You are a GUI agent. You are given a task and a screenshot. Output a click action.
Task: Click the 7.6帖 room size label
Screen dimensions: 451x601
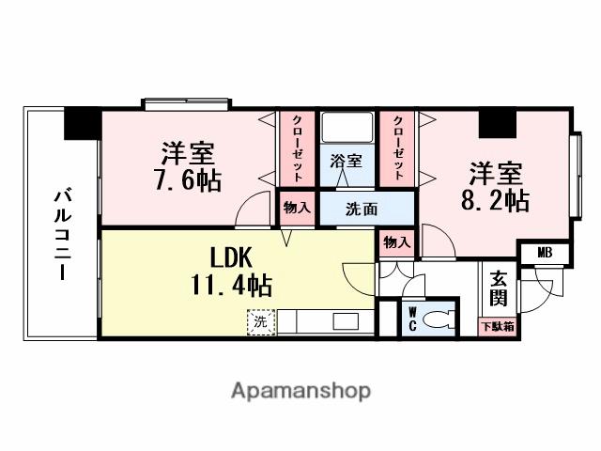(189, 180)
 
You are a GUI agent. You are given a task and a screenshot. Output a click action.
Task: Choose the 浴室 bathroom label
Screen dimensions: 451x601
(346, 161)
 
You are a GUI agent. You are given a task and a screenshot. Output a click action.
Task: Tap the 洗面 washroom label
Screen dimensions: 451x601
(362, 208)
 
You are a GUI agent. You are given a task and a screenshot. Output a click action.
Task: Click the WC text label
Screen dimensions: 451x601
(411, 320)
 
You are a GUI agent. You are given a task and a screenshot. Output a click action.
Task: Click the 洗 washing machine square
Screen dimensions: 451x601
(260, 321)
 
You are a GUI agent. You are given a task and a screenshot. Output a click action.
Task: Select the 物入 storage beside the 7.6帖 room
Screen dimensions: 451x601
(297, 208)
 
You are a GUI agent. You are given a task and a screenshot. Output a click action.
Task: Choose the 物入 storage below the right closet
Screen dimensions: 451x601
(397, 241)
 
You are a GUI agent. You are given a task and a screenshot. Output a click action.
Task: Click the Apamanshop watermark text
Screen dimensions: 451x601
(300, 390)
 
